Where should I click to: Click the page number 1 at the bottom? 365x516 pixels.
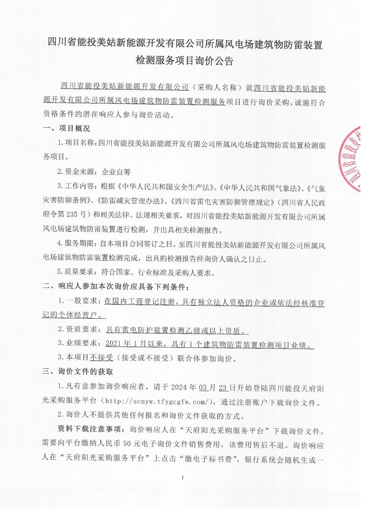coord(183,478)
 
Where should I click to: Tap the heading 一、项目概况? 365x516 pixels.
coord(66,128)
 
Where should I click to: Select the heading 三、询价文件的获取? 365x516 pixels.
coord(77,372)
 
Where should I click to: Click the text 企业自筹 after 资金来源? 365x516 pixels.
coord(116,172)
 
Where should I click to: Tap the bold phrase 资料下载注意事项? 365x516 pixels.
coord(89,429)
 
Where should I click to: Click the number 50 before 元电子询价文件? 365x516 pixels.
coord(127,444)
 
